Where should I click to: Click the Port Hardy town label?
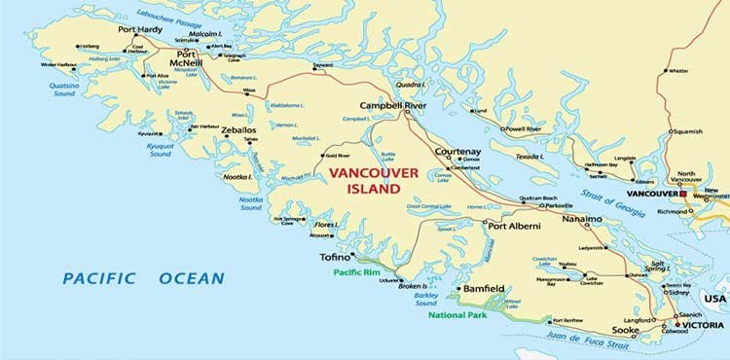tap(140, 30)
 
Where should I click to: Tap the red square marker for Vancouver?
tap(684, 195)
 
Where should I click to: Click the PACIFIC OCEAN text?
tap(143, 278)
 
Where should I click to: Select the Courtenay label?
tap(456, 153)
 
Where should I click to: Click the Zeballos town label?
tap(237, 128)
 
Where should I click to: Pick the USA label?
tap(715, 298)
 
